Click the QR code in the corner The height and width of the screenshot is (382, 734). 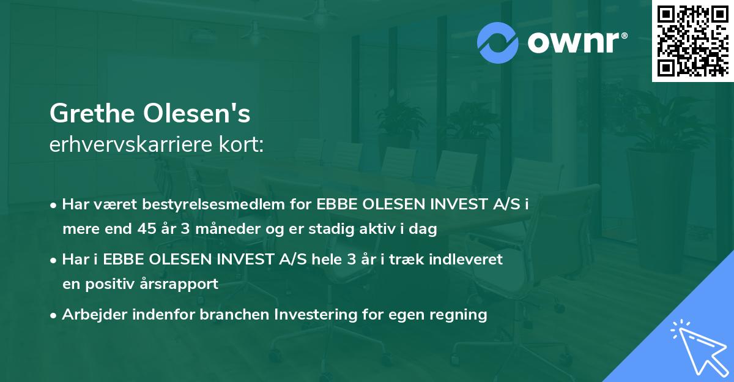pos(692,41)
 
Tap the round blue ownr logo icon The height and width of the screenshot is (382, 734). pos(498,42)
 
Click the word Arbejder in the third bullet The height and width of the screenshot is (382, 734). pos(91,315)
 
